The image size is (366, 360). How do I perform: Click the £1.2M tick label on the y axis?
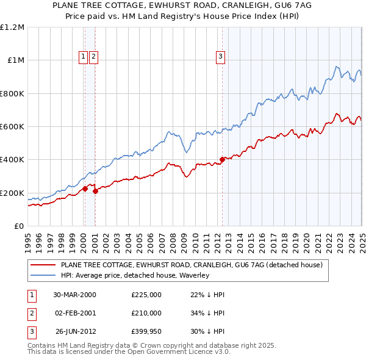pyautogui.click(x=12, y=27)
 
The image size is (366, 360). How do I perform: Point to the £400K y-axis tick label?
pyautogui.click(x=12, y=160)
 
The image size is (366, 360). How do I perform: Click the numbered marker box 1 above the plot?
pyautogui.click(x=83, y=57)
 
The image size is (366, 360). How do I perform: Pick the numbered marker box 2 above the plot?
pyautogui.click(x=93, y=57)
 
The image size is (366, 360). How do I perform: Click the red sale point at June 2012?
pyautogui.click(x=222, y=160)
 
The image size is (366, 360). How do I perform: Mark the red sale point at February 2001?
pyautogui.click(x=96, y=192)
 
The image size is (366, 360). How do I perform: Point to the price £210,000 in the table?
pyautogui.click(x=146, y=313)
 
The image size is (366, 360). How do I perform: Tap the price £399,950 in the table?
pyautogui.click(x=146, y=332)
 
